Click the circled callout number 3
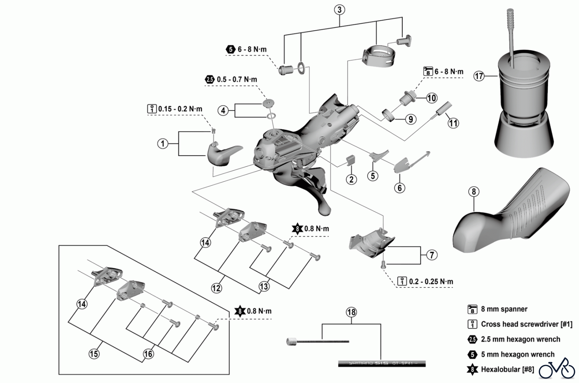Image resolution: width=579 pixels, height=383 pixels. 339,10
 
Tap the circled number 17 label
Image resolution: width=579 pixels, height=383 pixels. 479,76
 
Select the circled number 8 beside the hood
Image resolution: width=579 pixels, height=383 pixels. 473,192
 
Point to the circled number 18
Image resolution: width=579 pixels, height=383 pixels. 351,312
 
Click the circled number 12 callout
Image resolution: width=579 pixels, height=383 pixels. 216,288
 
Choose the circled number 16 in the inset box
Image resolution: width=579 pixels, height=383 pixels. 148,354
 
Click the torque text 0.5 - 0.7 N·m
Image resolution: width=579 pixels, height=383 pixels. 237,79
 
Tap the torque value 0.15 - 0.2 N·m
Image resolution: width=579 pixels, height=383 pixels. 180,109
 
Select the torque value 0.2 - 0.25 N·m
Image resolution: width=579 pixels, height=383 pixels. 431,281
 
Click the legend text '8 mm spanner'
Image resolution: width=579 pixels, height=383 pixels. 504,309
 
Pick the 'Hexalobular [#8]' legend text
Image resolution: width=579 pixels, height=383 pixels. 507,369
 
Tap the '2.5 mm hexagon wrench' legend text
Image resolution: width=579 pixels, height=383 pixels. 520,339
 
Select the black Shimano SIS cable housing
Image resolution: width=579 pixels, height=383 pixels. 382,364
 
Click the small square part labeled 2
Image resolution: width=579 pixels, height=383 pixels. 351,160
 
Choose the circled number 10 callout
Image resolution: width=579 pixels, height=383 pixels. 431,98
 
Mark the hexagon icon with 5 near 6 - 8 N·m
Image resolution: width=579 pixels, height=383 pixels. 230,50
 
